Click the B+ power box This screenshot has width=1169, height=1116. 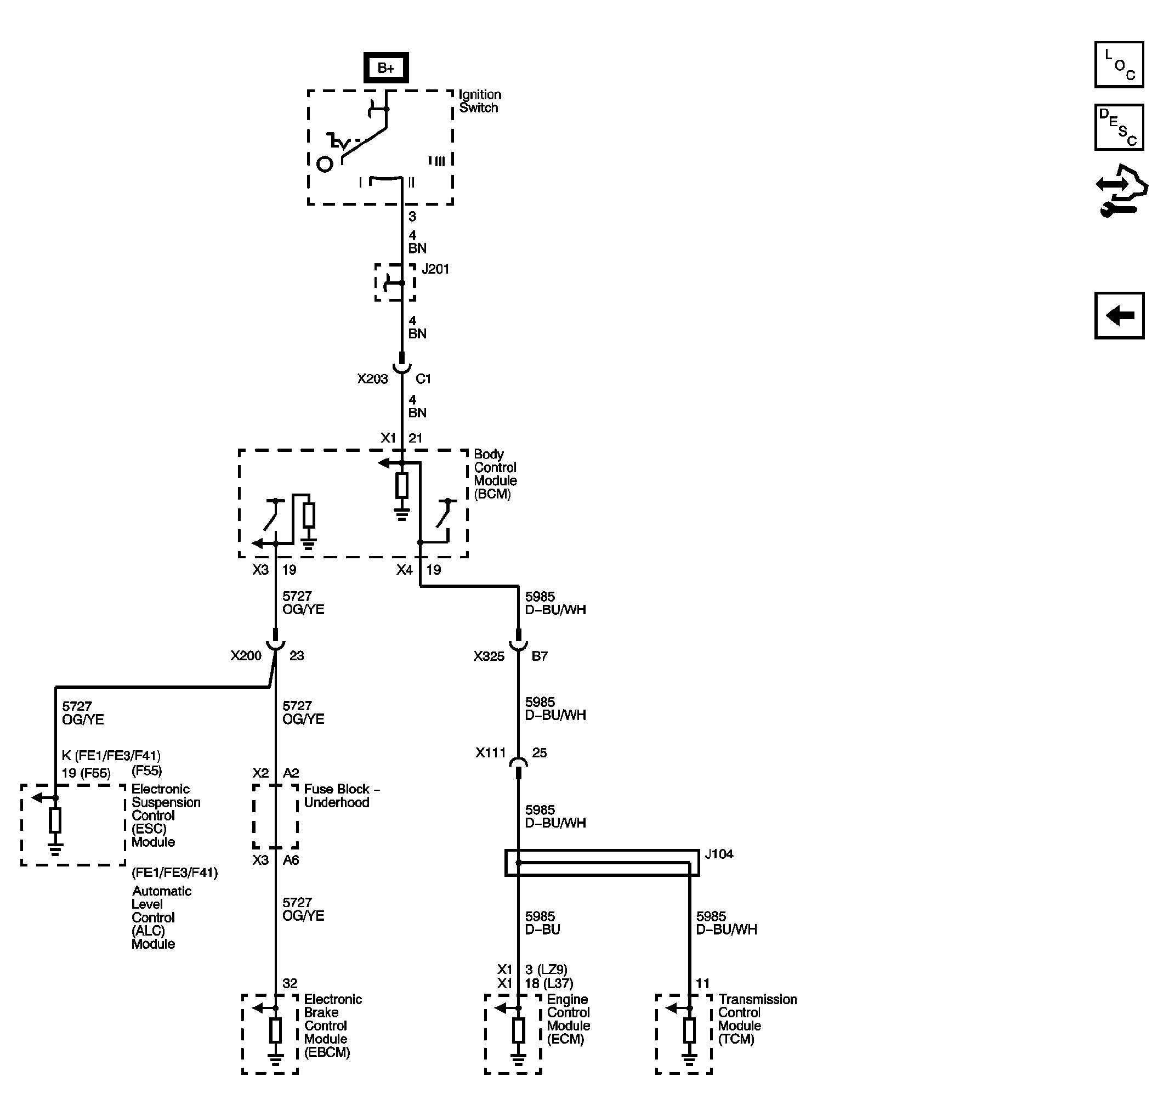coord(385,68)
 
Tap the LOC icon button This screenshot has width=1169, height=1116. coord(1119,65)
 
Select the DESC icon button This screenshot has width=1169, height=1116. coord(1119,127)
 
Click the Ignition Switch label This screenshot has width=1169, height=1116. coord(479,101)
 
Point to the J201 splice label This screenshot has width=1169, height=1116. coord(435,269)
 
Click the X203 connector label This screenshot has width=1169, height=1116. coord(372,379)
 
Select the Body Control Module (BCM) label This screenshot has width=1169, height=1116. coord(495,474)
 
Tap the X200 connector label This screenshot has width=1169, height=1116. coord(246,655)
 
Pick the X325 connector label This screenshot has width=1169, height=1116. coord(489,656)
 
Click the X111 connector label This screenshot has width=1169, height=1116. coord(490,752)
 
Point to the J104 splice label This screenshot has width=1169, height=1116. coord(719,854)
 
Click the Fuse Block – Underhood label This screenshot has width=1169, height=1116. coord(342,795)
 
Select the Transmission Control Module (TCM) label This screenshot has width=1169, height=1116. coord(757,1019)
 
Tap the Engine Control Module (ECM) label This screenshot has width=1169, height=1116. coord(568,1019)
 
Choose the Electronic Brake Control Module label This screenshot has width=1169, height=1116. coord(333,1026)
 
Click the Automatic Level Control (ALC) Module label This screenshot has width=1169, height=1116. coord(154,917)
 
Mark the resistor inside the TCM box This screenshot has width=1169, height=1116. coord(689,1030)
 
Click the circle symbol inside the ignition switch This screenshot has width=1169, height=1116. coord(325,164)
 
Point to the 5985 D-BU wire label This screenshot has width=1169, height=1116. coord(542,922)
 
